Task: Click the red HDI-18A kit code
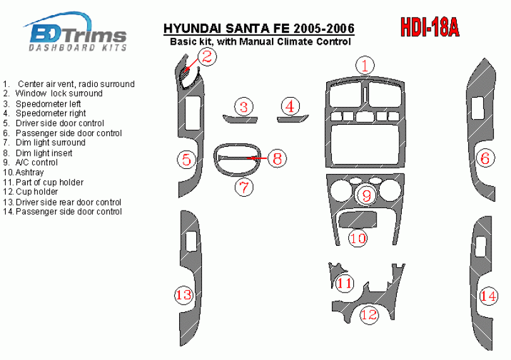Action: [430, 27]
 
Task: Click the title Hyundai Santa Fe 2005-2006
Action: [259, 28]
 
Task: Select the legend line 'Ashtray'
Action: [23, 172]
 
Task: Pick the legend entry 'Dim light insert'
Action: [37, 153]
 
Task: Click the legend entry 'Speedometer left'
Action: [42, 104]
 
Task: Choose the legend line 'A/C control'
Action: [30, 162]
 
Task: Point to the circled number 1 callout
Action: [365, 65]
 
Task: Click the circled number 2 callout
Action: [208, 56]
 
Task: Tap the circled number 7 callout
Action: [244, 187]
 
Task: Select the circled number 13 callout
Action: [184, 295]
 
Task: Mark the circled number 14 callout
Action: [488, 296]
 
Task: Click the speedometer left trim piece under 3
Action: [240, 119]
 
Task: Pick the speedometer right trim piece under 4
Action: [293, 119]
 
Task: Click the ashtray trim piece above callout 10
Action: [358, 219]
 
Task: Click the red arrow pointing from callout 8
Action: [257, 159]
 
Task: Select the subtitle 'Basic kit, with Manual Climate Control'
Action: [261, 42]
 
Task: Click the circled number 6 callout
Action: [485, 158]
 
